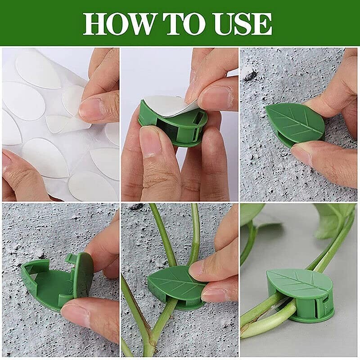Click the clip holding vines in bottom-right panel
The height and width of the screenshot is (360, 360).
point(299,292)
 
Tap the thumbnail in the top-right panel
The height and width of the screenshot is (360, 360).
point(310,155)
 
